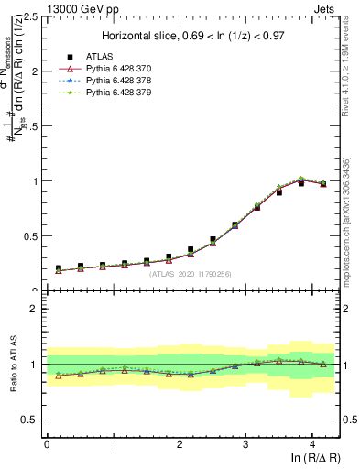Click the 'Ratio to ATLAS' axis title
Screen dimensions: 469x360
(x=14, y=365)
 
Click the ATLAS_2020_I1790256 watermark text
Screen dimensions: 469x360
(x=191, y=274)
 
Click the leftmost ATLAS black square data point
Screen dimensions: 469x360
(x=59, y=268)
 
